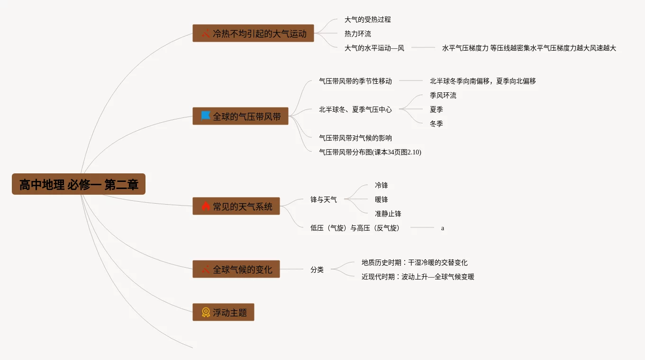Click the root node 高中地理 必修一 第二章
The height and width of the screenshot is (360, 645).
pos(79,184)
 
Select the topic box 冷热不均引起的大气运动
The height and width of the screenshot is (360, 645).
pos(253,33)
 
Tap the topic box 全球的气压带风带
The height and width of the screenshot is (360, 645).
pos(240,116)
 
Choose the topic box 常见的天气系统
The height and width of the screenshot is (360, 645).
pos(236,206)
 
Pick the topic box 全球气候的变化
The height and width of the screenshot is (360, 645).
pos(236,269)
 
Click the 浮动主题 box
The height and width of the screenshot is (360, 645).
pos(223,312)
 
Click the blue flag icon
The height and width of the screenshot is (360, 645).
pos(206,116)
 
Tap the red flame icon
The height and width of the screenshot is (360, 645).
pos(206,206)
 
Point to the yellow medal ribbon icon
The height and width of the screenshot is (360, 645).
pos(206,312)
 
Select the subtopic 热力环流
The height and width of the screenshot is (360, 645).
pos(358,34)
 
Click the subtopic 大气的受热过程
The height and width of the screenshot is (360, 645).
pos(368,20)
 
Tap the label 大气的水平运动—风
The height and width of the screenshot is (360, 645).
pos(374,48)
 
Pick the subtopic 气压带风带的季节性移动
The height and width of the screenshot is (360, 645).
pos(355,81)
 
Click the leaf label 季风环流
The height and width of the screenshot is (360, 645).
pos(443,95)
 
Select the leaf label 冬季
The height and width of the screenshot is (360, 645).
pos(436,124)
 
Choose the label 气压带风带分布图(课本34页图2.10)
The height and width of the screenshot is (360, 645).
pos(370,152)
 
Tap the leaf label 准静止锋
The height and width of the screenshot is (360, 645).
pos(388,214)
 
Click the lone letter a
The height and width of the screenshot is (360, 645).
pos(443,228)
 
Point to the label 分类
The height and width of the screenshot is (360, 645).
pos(317,270)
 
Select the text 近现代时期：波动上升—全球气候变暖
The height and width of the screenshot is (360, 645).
pos(418,277)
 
